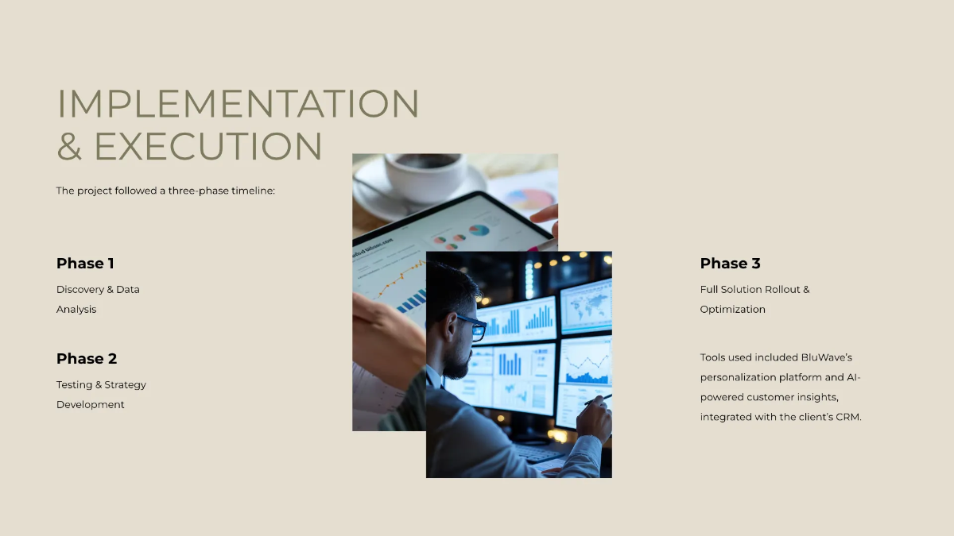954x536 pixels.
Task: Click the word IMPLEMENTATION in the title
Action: (238, 104)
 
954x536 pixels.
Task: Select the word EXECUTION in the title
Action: (208, 146)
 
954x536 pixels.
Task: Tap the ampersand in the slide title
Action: (70, 147)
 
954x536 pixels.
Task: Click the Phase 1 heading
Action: (85, 264)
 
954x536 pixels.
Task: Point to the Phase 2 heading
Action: (87, 359)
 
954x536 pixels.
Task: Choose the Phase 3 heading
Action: (730, 264)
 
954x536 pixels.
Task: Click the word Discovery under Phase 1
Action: (79, 290)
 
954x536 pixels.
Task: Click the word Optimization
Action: (732, 310)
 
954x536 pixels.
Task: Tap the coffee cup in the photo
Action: (425, 174)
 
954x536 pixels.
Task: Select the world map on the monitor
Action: (587, 304)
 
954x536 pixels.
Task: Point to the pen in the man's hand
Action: (597, 399)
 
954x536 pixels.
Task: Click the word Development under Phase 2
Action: (91, 405)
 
